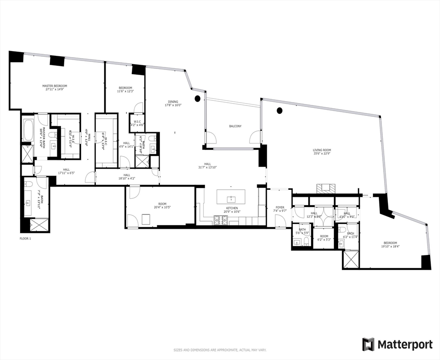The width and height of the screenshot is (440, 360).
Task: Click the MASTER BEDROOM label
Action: (55, 86)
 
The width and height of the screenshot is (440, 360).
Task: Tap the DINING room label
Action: (173, 102)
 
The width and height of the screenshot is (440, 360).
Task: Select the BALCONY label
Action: (235, 126)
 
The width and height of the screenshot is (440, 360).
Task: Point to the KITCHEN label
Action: (232, 208)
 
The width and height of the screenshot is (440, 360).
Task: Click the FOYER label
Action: (280, 207)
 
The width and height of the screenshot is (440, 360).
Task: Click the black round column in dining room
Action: (197, 98)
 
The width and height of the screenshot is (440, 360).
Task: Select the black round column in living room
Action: (280, 111)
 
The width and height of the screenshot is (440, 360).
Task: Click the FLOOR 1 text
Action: (25, 239)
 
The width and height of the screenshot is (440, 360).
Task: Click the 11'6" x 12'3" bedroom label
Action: (125, 91)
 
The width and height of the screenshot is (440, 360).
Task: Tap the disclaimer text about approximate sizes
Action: (220, 350)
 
